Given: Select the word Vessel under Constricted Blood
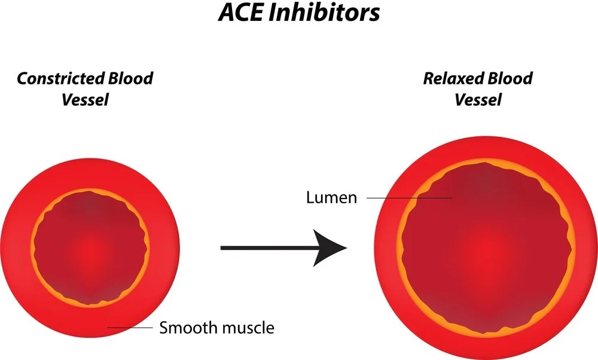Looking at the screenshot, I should (x=85, y=99).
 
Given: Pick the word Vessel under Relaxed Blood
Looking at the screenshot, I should (x=478, y=99).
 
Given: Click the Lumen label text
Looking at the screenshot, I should (x=331, y=198).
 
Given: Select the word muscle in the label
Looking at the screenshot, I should (x=248, y=328).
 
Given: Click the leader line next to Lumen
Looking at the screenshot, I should (x=409, y=197).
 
